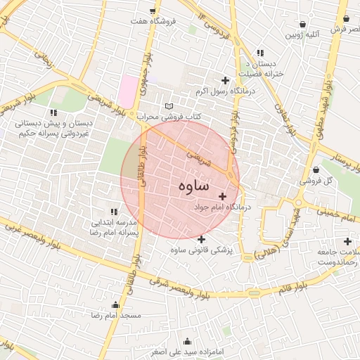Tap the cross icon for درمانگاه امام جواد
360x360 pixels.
point(223,195)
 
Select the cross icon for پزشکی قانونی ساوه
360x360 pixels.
point(202,239)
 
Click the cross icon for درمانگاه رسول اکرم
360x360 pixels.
point(225,81)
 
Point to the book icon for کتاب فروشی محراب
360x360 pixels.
point(168,105)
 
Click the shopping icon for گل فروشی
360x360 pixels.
point(316,169)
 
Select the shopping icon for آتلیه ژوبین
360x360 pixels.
point(302,24)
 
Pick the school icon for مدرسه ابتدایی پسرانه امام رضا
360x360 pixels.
point(113,211)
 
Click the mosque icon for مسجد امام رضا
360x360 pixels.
point(115,305)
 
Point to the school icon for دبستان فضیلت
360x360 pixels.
point(260,53)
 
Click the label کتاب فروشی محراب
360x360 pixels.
point(169,115)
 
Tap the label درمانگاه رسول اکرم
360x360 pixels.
point(226,91)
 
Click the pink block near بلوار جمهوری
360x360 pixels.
point(129,89)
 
